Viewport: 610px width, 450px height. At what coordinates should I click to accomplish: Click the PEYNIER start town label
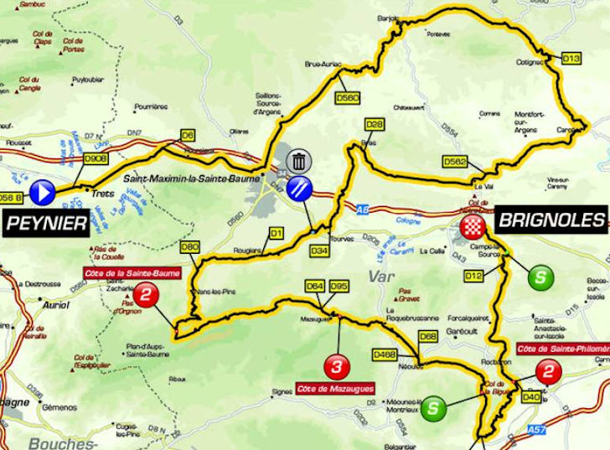pyautogui.click(x=47, y=223)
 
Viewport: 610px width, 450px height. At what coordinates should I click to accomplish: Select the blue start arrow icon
pyautogui.click(x=42, y=194)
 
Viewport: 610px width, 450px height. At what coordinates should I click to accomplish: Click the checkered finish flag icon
pyautogui.click(x=472, y=226)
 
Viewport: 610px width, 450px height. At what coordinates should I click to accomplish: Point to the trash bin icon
pyautogui.click(x=298, y=161)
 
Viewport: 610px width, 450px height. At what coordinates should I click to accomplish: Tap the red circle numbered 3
pyautogui.click(x=336, y=366)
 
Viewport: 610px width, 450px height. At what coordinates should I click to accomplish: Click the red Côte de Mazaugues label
pyautogui.click(x=334, y=389)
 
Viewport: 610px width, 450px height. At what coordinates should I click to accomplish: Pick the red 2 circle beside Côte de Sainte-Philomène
pyautogui.click(x=547, y=370)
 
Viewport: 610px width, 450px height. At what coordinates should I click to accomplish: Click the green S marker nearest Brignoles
pyautogui.click(x=542, y=276)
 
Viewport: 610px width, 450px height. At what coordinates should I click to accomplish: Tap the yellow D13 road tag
pyautogui.click(x=571, y=59)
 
